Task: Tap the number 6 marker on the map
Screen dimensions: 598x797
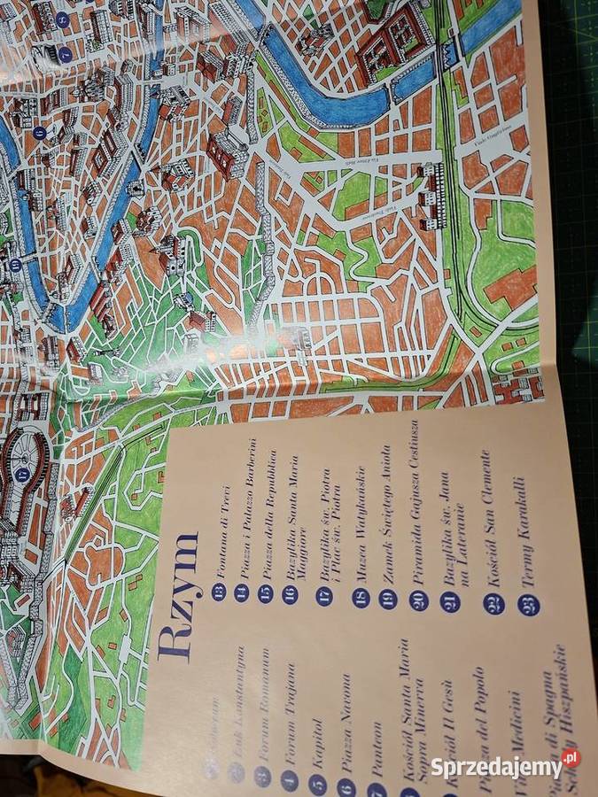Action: [x=39, y=133]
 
